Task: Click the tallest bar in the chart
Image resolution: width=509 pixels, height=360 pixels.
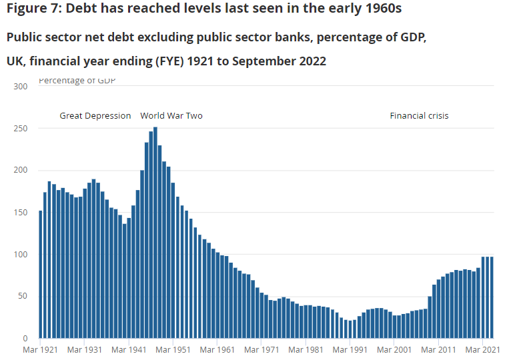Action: [155, 233]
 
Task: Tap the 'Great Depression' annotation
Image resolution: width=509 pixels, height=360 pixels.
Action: [95, 116]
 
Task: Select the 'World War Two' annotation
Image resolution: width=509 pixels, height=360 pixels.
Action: [171, 116]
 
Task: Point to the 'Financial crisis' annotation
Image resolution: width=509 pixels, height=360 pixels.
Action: [419, 116]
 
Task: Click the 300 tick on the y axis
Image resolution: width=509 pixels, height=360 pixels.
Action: [21, 87]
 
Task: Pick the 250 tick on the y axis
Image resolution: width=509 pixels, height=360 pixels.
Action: [21, 129]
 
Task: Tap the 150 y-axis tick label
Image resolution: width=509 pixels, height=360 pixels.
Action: [21, 213]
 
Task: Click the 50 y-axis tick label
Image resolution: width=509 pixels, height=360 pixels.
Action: [23, 297]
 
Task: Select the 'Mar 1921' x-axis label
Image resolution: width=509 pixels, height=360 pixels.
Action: [40, 349]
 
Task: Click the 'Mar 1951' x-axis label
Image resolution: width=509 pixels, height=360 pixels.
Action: [173, 349]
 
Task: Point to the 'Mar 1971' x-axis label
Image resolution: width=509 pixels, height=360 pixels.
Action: [262, 349]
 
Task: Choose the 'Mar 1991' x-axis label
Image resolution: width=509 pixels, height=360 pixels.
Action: [350, 349]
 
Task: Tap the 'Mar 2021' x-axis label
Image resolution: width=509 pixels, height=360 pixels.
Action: [482, 349]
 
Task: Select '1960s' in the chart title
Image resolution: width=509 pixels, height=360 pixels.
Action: [383, 9]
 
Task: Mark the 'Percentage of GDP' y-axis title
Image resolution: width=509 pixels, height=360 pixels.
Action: [77, 81]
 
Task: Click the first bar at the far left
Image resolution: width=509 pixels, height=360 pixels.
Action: [41, 275]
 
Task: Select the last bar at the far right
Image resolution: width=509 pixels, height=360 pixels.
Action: [492, 297]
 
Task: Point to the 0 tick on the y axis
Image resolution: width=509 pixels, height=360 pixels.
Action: [25, 339]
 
